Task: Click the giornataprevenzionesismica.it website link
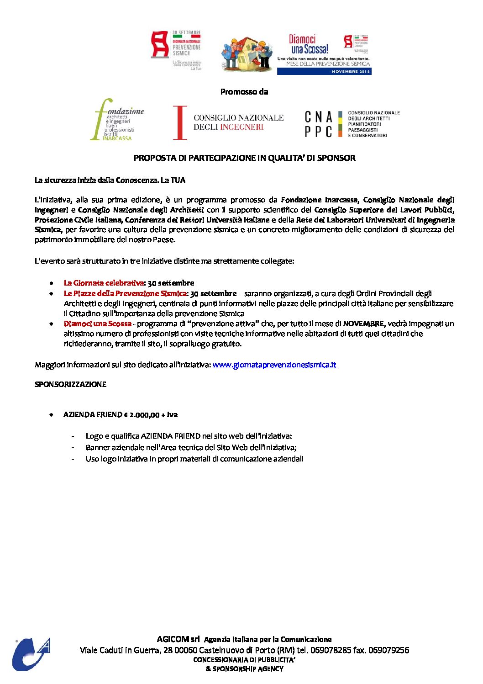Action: point(274,365)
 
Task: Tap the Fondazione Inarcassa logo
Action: point(117,120)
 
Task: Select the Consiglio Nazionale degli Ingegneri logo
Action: point(228,122)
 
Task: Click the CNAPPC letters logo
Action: point(319,124)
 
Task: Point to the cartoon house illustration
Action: point(247,54)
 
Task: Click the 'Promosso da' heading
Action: point(244,92)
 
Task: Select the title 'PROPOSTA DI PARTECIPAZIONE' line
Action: point(244,158)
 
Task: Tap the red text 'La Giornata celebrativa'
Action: point(104,283)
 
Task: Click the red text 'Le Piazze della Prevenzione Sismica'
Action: point(125,293)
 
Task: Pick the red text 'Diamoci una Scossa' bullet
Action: point(97,323)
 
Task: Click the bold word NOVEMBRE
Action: point(363,323)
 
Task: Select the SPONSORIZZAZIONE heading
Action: point(70,384)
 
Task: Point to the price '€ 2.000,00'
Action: point(142,415)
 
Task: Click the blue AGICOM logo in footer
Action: point(31,654)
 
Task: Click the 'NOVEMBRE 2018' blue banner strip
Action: point(324,71)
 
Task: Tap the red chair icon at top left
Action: point(160,44)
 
